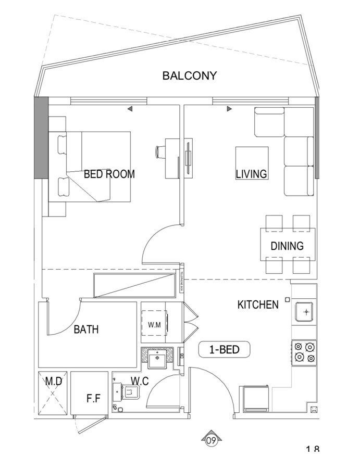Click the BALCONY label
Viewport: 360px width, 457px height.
tap(189, 75)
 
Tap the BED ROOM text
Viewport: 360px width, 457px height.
tap(109, 174)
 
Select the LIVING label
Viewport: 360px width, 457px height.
tap(251, 174)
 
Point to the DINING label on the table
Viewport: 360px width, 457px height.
tap(287, 246)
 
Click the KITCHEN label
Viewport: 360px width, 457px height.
tap(258, 304)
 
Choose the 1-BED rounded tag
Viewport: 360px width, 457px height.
tap(225, 350)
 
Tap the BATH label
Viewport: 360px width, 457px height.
tap(86, 329)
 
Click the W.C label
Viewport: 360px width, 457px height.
tap(139, 382)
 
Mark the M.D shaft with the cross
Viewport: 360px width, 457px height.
tap(53, 394)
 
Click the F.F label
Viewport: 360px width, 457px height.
tap(94, 400)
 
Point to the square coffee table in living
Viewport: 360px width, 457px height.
tap(252, 163)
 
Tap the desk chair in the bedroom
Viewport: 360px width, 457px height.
tap(159, 152)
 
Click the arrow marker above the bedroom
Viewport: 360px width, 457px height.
tap(130, 109)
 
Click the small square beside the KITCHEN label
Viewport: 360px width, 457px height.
tap(287, 300)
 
